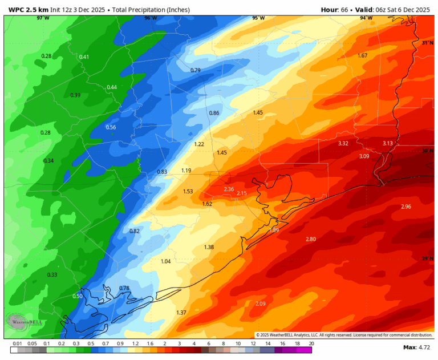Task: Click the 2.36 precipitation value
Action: click(229, 189)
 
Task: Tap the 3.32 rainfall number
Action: click(343, 143)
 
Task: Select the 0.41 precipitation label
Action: click(84, 56)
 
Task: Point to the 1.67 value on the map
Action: click(362, 55)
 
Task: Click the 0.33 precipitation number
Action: click(52, 274)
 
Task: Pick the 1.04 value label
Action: click(166, 261)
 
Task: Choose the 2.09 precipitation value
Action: click(261, 303)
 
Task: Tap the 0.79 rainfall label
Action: click(195, 70)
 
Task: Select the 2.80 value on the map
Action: click(311, 238)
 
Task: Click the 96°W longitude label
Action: click(150, 18)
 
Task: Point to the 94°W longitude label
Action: click(366, 18)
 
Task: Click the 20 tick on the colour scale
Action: click(311, 344)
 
